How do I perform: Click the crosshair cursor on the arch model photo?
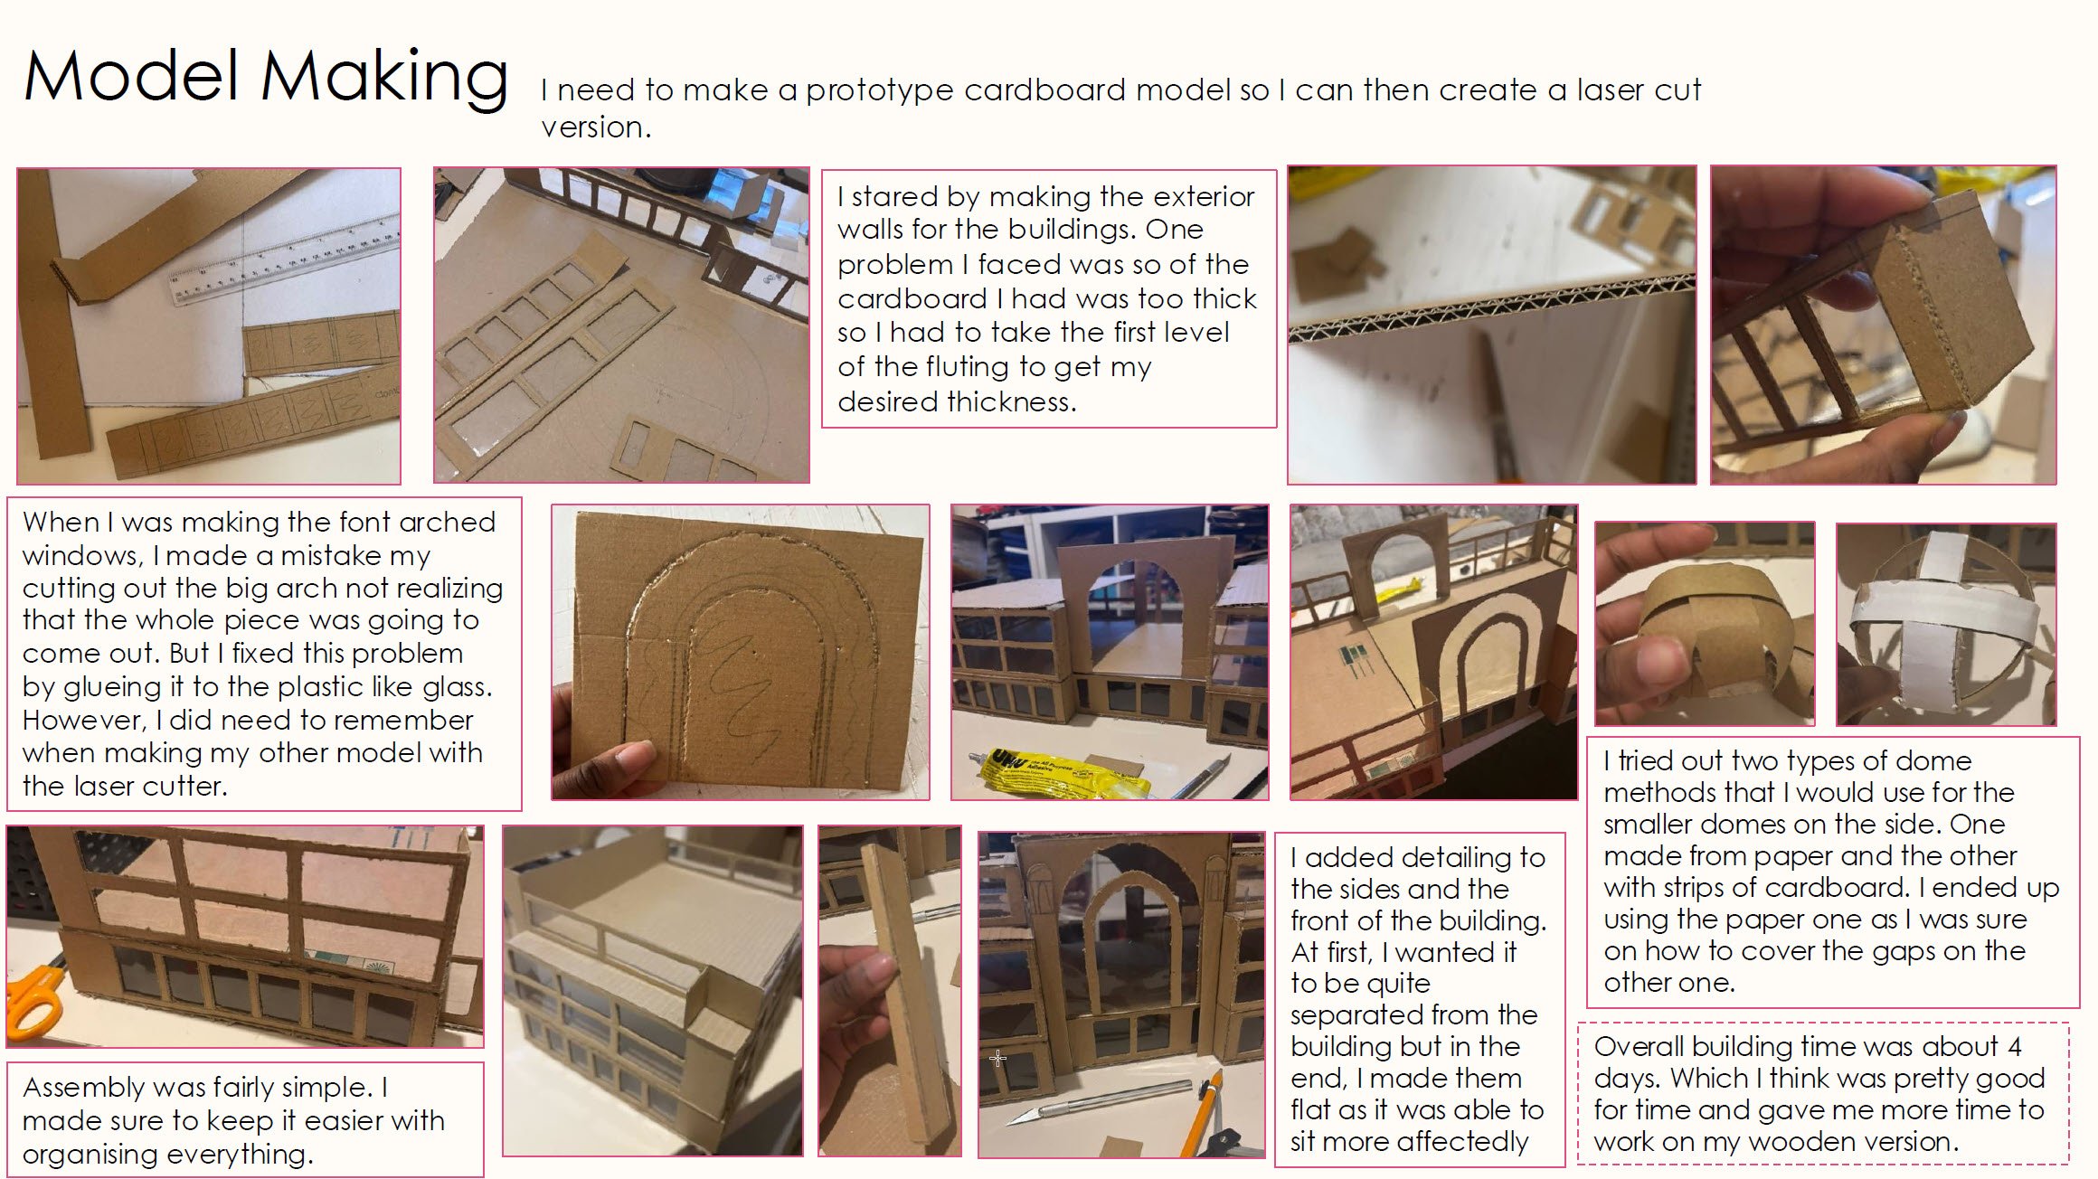point(997,1057)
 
